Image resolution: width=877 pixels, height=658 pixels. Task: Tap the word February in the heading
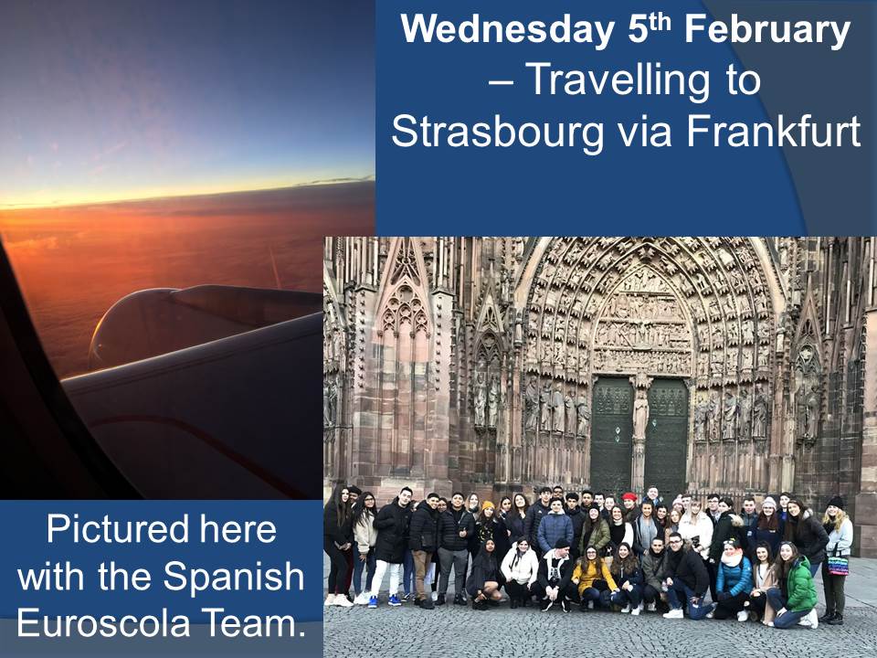pyautogui.click(x=766, y=31)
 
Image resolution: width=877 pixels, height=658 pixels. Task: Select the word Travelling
pyautogui.click(x=642, y=80)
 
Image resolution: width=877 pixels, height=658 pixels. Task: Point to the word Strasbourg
pyautogui.click(x=498, y=132)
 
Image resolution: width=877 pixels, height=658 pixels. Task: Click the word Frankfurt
pyautogui.click(x=774, y=131)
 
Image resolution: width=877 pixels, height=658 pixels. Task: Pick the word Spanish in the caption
pyautogui.click(x=233, y=578)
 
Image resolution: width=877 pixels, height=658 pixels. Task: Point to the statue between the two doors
pyautogui.click(x=639, y=414)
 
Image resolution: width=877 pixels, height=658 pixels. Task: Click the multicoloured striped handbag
pyautogui.click(x=838, y=564)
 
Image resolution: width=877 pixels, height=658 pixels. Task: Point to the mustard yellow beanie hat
pyautogui.click(x=488, y=505)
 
